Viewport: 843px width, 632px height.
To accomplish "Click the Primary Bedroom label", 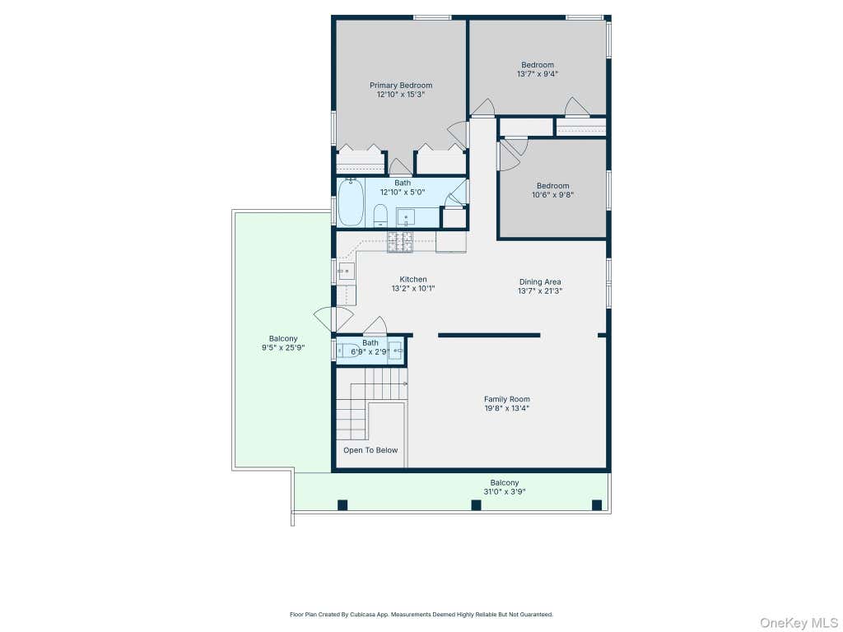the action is coord(401,85).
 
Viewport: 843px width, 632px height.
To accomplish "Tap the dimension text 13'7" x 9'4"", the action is coord(537,74).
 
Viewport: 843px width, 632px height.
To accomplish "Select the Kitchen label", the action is coord(413,280).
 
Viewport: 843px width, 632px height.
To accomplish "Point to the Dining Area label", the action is coord(540,281).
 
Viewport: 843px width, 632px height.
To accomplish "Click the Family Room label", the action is coord(506,399).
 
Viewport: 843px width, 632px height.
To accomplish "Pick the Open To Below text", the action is coord(370,450).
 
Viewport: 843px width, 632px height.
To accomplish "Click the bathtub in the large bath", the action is coord(351,202).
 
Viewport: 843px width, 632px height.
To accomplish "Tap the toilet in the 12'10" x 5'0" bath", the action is coord(380,216).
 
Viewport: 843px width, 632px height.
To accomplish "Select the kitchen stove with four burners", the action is coord(400,243).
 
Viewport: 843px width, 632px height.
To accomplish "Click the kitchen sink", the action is coord(347,272).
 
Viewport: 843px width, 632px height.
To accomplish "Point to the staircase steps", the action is coord(371,403).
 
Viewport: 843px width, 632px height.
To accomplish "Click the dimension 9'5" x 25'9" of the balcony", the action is coord(283,348).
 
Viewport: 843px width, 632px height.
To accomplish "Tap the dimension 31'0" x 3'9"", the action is coord(505,492).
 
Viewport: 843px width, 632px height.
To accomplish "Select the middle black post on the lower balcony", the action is coord(476,505).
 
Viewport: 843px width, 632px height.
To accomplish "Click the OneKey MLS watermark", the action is coord(799,623).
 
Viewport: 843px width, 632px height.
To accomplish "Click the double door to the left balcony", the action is coord(334,319).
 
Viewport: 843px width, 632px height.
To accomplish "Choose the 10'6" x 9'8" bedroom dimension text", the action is coord(552,195).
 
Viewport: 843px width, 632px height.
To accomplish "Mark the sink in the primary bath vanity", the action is coord(407,217).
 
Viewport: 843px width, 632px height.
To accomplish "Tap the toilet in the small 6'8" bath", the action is coord(348,351).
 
